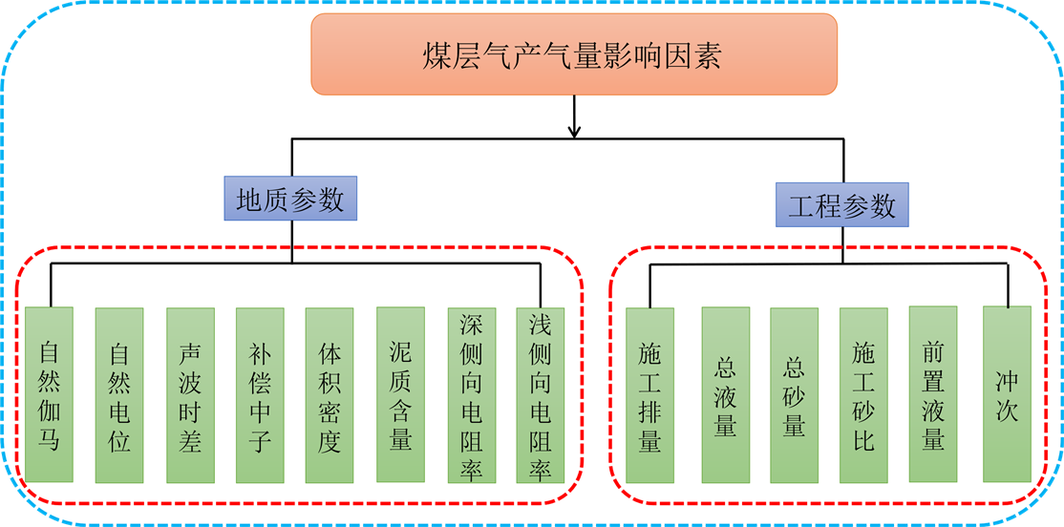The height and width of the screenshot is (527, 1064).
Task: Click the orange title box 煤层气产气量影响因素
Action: pyautogui.click(x=574, y=54)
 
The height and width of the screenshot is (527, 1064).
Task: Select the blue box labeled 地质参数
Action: pyautogui.click(x=290, y=199)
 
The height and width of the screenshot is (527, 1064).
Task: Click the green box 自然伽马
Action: pyautogui.click(x=50, y=394)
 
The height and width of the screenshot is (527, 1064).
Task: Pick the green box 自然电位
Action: pyautogui.click(x=119, y=394)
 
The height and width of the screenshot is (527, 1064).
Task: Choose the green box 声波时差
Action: pyautogui.click(x=189, y=394)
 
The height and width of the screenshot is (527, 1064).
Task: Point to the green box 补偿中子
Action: pyautogui.click(x=260, y=394)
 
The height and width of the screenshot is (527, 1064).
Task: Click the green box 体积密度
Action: pyautogui.click(x=330, y=394)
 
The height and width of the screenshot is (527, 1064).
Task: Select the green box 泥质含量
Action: pyautogui.click(x=400, y=393)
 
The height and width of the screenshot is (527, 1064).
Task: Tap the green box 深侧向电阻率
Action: pyautogui.click(x=471, y=394)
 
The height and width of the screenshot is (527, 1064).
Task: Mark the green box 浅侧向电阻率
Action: pyautogui.click(x=540, y=394)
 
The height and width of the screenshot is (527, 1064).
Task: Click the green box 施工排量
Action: pyautogui.click(x=649, y=394)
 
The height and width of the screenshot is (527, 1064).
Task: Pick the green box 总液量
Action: pyautogui.click(x=725, y=394)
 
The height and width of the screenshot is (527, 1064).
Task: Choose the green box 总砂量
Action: pyautogui.click(x=794, y=394)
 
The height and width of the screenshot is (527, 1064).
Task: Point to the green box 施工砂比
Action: pyautogui.click(x=863, y=394)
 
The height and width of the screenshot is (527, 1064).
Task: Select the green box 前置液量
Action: pyautogui.click(x=933, y=393)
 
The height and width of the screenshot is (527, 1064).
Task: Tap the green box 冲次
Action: pyautogui.click(x=1007, y=393)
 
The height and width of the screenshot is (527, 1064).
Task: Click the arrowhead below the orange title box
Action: pyautogui.click(x=574, y=131)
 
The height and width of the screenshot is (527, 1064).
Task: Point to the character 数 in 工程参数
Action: pyautogui.click(x=883, y=205)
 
